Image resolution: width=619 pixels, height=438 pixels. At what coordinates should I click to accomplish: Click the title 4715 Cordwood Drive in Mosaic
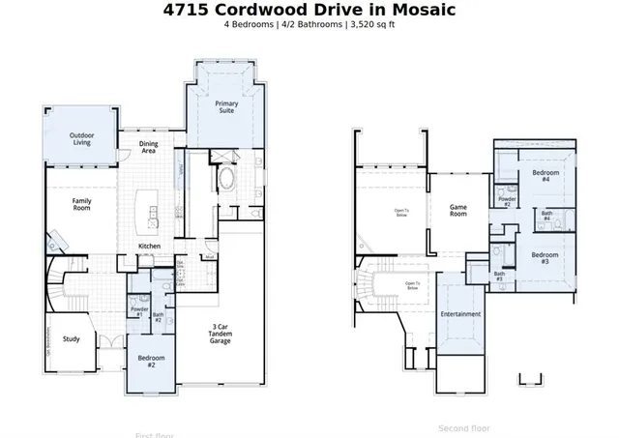pyautogui.click(x=309, y=10)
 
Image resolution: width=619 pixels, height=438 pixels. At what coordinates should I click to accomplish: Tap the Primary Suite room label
pyautogui.click(x=226, y=106)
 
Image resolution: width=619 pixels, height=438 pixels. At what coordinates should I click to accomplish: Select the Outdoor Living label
pyautogui.click(x=81, y=140)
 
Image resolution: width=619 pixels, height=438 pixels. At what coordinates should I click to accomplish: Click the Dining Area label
pyautogui.click(x=149, y=147)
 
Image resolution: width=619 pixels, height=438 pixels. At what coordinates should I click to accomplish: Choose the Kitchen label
pyautogui.click(x=149, y=247)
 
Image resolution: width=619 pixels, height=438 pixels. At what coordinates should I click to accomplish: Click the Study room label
pyautogui.click(x=72, y=338)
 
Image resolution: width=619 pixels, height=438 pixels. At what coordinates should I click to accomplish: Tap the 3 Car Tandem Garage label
pyautogui.click(x=221, y=334)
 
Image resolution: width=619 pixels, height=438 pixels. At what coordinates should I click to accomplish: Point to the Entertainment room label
pyautogui.click(x=460, y=314)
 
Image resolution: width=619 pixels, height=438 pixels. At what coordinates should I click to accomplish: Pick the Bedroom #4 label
pyautogui.click(x=542, y=176)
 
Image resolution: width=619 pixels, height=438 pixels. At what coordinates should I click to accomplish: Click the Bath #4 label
pyautogui.click(x=546, y=216)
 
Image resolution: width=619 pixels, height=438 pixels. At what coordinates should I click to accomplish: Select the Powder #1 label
pyautogui.click(x=138, y=312)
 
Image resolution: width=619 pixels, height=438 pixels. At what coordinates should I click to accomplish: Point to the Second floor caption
pyautogui.click(x=463, y=428)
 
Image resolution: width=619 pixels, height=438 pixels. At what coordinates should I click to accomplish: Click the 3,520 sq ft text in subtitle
pyautogui.click(x=370, y=25)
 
